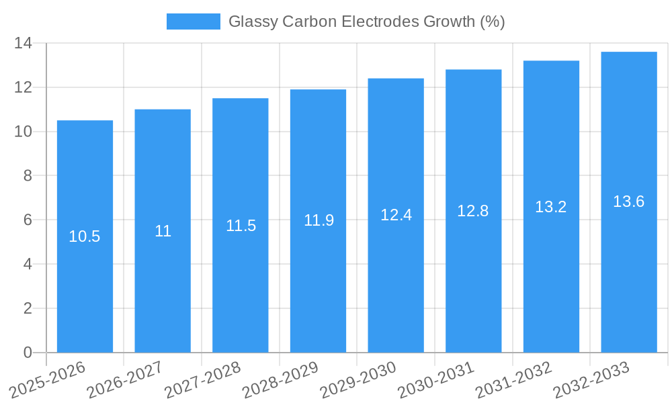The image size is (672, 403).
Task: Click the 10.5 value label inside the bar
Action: point(85,236)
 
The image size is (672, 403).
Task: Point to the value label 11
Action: point(163,231)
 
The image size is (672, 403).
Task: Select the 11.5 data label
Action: point(241,226)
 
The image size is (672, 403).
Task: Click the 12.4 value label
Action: point(396,215)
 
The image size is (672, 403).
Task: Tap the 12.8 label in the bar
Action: point(473,211)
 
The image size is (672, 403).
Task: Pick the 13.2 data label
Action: point(551,207)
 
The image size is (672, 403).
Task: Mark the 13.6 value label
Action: point(629,201)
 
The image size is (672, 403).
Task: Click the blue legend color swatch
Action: point(193,21)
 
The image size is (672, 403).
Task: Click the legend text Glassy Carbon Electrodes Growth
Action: point(366,21)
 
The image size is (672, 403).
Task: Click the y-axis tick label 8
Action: point(28,176)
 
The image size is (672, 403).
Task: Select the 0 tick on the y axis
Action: point(28,353)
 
